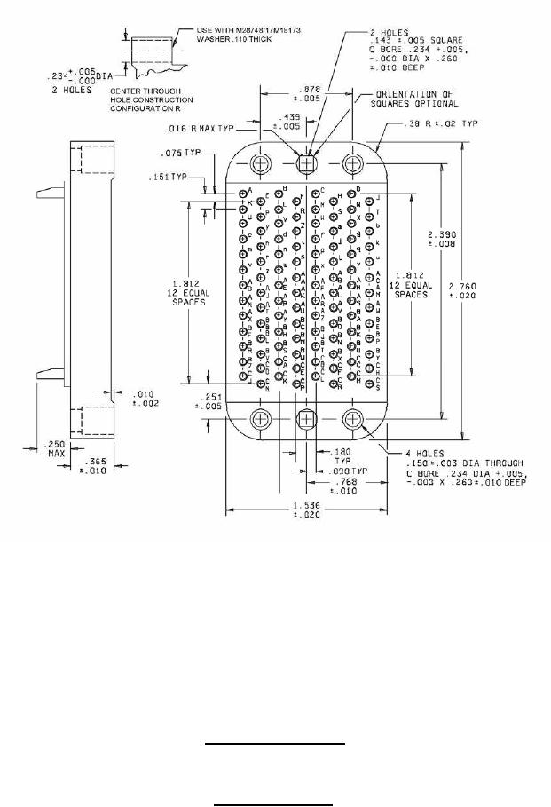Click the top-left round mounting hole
[x=260, y=163]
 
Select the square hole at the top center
[x=307, y=163]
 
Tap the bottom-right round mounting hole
[x=353, y=419]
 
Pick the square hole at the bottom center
[x=307, y=419]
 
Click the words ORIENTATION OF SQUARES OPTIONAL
[x=411, y=98]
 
